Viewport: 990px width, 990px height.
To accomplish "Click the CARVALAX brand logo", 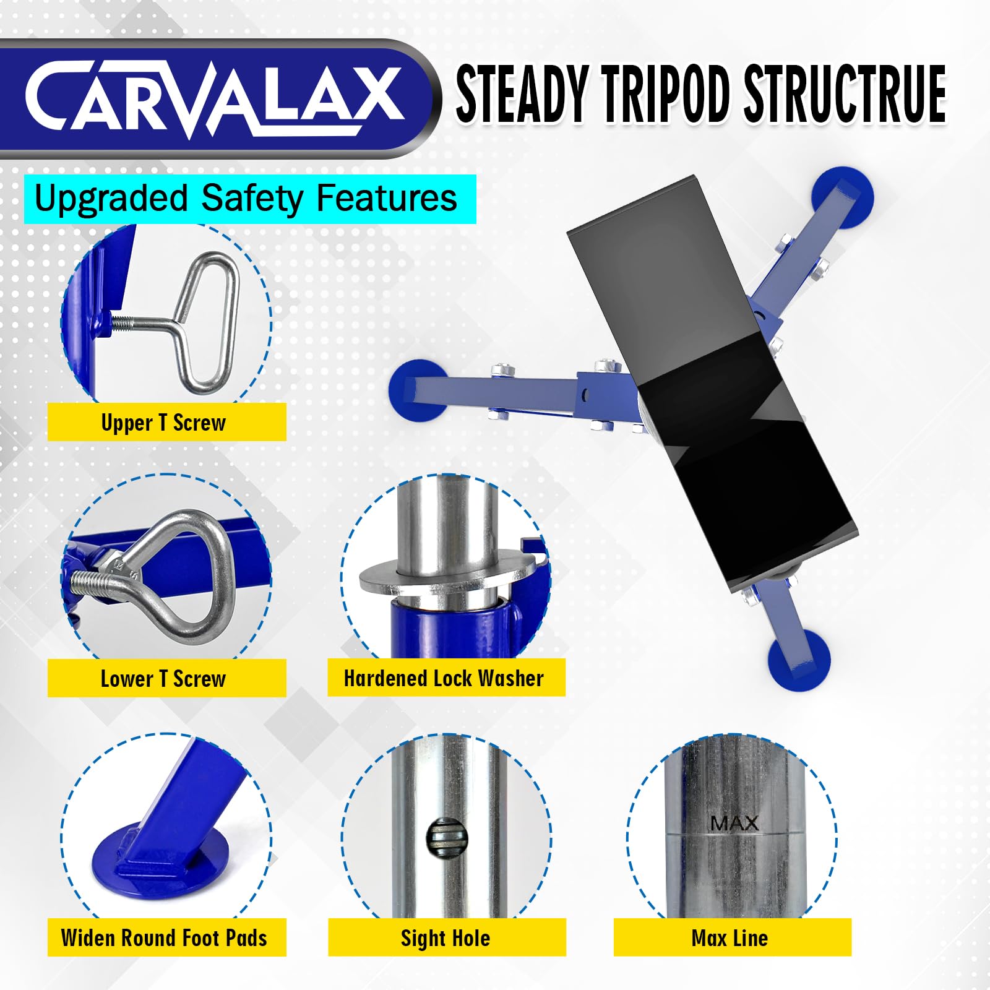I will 213,98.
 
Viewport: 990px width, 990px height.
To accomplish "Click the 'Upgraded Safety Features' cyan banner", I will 249,199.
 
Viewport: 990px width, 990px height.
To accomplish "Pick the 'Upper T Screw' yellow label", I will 166,423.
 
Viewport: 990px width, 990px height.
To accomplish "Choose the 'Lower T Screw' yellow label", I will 166,679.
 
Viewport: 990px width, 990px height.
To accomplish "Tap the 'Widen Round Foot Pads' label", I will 166,938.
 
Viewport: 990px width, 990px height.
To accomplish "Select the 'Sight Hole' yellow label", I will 446,938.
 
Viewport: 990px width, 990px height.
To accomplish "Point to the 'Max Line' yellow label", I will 731,938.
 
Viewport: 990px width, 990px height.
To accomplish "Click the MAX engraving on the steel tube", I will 734,823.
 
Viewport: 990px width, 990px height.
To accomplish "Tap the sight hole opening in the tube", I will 446,839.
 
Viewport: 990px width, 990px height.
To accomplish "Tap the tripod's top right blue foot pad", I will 841,194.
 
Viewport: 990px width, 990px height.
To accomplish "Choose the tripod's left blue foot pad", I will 418,390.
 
